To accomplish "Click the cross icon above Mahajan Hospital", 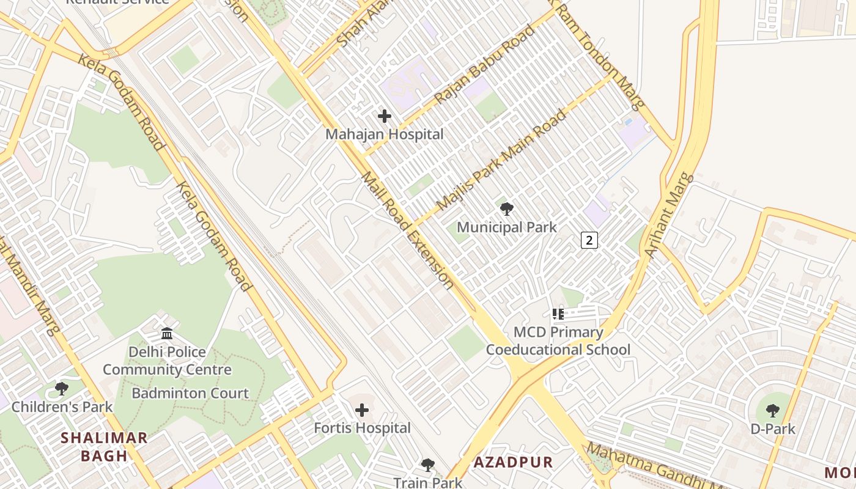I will point(385,116).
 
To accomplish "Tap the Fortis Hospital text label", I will point(362,428).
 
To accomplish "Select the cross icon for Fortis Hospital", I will point(362,410).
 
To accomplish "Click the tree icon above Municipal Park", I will point(507,209).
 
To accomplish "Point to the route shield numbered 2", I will point(589,240).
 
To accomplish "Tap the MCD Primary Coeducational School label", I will point(558,341).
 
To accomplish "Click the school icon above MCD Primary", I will point(558,314).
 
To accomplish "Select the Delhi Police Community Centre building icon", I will point(167,334).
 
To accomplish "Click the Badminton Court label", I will point(190,393).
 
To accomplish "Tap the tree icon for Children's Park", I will point(62,388).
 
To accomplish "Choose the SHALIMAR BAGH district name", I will point(105,446).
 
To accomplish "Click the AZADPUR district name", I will point(513,462).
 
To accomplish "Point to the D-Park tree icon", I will point(773,410).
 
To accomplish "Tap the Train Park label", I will point(427,482).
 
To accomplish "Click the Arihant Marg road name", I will point(669,215).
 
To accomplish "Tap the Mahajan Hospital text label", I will point(384,134).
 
